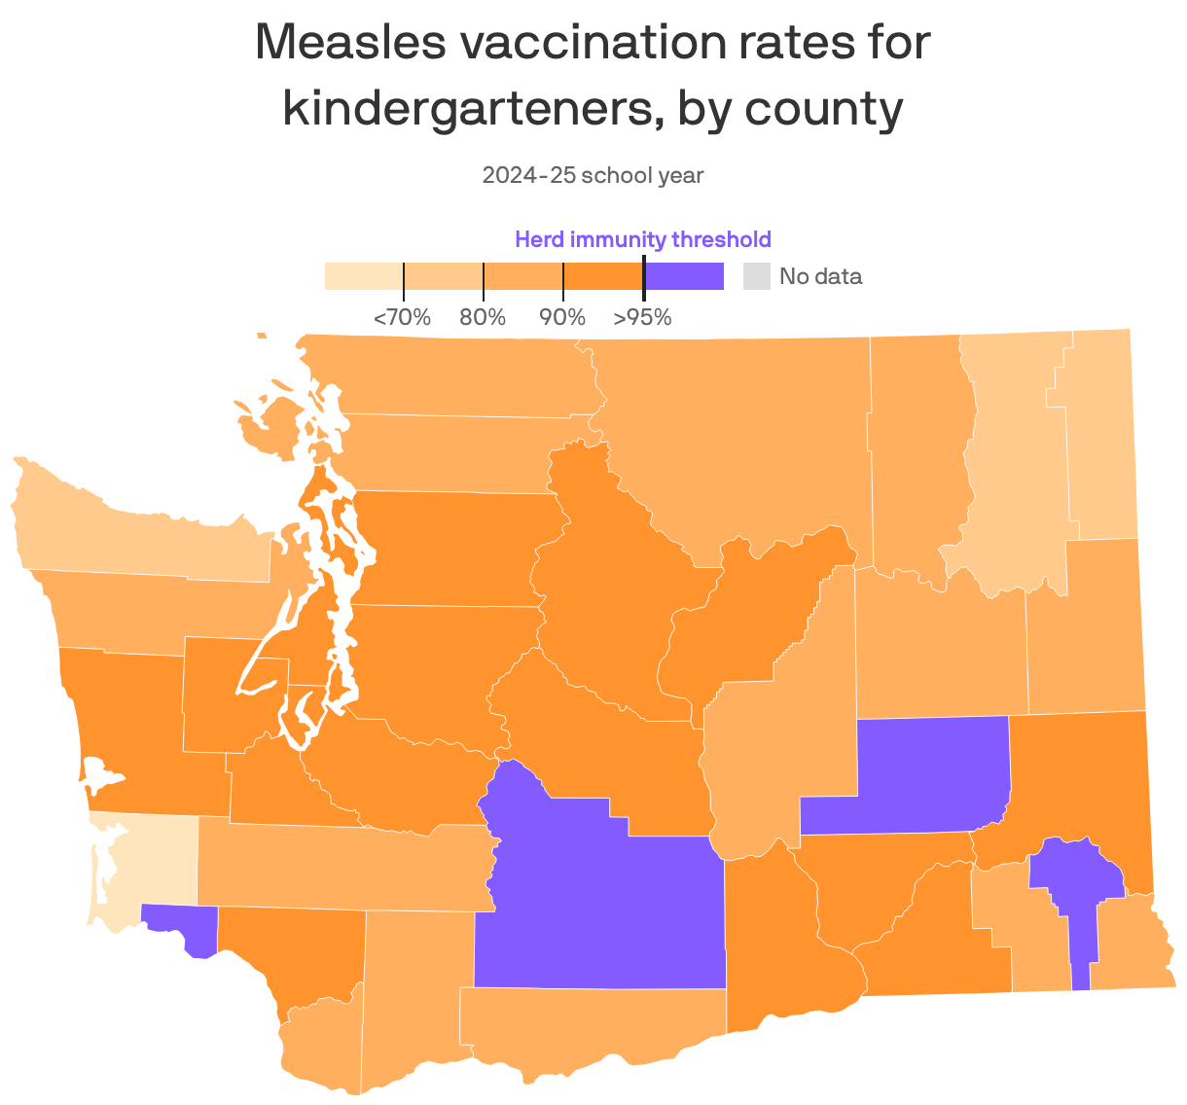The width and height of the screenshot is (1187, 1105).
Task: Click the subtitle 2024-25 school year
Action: coord(593,175)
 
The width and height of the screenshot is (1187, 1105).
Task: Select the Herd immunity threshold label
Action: coord(642,239)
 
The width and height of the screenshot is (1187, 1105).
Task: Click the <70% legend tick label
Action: coord(402,317)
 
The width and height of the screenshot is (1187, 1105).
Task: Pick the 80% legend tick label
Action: coord(483,317)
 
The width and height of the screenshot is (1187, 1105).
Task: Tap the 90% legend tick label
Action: coord(562,317)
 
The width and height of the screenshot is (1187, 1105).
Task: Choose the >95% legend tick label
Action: coord(642,317)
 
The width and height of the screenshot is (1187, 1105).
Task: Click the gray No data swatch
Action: coord(756,276)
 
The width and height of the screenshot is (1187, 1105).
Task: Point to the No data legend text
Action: coord(820,276)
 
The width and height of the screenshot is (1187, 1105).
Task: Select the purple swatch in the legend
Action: coord(684,276)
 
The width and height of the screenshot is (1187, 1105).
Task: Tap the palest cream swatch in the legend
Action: coord(363,276)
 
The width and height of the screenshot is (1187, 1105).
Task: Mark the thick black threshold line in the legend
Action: coord(644,277)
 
